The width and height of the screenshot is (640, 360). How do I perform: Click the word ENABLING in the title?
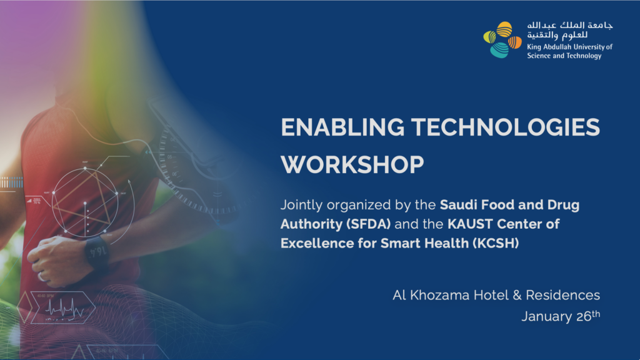click(342, 127)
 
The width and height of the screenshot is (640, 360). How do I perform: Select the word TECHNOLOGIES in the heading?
click(505, 127)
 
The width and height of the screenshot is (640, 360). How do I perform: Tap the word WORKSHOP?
click(352, 165)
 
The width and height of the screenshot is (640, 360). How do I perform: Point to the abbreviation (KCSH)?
click(496, 243)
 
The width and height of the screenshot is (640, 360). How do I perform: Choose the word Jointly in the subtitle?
click(301, 205)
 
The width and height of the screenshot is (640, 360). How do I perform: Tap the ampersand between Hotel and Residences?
click(517, 295)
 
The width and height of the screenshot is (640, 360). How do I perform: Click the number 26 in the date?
click(584, 316)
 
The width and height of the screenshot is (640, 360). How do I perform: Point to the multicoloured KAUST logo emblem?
click(502, 39)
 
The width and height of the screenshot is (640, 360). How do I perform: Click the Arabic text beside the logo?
click(570, 30)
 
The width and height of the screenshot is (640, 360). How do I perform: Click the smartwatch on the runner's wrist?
click(97, 252)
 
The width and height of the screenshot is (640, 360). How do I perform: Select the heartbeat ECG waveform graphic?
click(64, 308)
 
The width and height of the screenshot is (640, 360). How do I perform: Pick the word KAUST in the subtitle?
click(470, 224)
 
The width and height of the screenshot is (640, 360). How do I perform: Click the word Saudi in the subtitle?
click(459, 204)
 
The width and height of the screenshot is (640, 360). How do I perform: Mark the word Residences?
click(563, 295)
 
